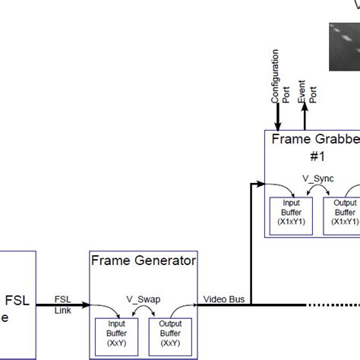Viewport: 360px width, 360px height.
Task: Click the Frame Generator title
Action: click(x=144, y=261)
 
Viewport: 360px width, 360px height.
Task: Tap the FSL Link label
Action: click(x=64, y=304)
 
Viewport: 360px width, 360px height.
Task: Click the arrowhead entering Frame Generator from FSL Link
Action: click(x=86, y=305)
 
